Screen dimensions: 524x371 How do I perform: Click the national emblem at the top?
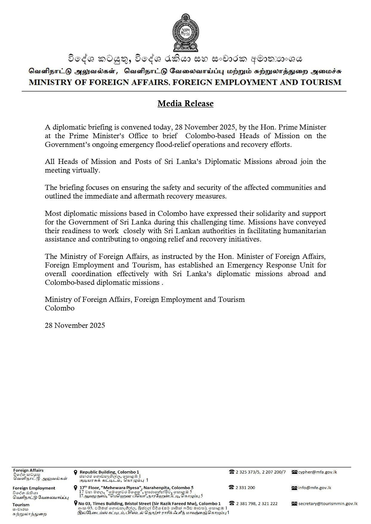coord(185,33)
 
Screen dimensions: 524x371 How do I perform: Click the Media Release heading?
coord(185,104)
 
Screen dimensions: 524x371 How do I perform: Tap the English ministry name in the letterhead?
coord(185,82)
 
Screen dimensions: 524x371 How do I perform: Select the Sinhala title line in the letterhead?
coord(185,59)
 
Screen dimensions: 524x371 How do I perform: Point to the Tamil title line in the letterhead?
coord(185,72)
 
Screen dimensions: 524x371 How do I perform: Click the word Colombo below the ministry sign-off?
coord(60,308)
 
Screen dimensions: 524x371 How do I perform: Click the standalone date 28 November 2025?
coord(75,325)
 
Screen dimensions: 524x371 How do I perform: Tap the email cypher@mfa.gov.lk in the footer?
coord(317,472)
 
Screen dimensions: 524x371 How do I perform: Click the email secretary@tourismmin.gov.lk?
coord(328,503)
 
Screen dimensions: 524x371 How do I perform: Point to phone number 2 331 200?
coord(245,488)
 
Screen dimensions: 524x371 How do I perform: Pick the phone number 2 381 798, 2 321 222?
coord(257,503)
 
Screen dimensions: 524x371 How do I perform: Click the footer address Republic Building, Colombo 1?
coord(109,472)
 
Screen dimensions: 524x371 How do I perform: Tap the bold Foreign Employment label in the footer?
coord(34,488)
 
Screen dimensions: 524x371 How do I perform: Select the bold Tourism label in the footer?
coord(21,505)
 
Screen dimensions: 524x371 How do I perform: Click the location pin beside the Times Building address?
coord(76,503)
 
